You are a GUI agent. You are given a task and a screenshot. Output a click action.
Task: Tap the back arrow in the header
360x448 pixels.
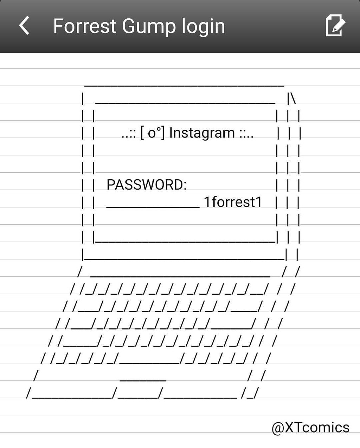pyautogui.click(x=24, y=26)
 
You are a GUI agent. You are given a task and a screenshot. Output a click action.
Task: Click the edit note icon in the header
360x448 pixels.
pyautogui.click(x=335, y=25)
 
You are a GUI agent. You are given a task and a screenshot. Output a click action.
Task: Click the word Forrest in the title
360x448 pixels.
pyautogui.click(x=84, y=26)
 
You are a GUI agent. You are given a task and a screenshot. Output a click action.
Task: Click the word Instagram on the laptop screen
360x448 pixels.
pyautogui.click(x=202, y=133)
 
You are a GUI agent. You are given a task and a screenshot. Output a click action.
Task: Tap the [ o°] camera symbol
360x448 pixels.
pyautogui.click(x=152, y=133)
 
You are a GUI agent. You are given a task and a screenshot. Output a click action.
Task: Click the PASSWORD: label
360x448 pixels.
pyautogui.click(x=147, y=185)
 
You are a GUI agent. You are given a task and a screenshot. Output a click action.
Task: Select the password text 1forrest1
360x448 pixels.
pyautogui.click(x=233, y=202)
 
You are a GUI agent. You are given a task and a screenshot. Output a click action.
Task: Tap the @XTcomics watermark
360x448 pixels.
pyautogui.click(x=310, y=428)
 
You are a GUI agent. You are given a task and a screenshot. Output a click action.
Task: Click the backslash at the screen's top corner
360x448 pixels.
pyautogui.click(x=294, y=98)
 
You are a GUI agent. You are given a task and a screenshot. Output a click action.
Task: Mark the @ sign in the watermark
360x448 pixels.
pyautogui.click(x=278, y=428)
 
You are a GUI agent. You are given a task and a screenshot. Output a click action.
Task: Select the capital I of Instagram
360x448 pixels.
pyautogui.click(x=171, y=133)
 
